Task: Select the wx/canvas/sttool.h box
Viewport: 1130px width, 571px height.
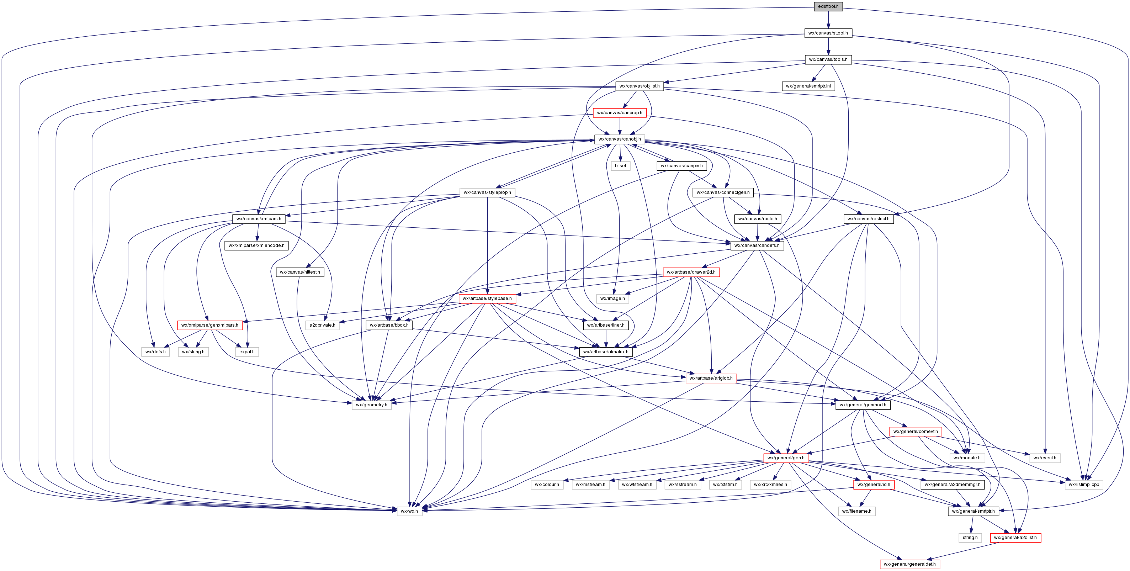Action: [x=828, y=33]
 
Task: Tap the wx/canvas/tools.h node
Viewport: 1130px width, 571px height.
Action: [x=828, y=60]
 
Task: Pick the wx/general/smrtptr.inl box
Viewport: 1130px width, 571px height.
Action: [x=808, y=86]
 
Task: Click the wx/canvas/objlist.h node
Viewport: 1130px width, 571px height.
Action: [x=639, y=86]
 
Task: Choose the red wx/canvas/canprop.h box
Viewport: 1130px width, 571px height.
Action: [x=619, y=113]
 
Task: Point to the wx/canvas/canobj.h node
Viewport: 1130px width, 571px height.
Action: [x=619, y=139]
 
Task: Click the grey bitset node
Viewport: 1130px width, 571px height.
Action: [x=620, y=166]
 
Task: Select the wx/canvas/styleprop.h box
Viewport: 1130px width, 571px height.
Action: [x=487, y=192]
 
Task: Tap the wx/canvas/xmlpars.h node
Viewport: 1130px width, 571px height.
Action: [x=259, y=218]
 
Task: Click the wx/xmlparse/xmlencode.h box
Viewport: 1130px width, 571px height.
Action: [x=256, y=245]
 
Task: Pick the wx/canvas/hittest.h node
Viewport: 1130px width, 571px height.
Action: [x=300, y=272]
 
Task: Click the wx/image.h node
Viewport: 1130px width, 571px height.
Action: [x=612, y=298]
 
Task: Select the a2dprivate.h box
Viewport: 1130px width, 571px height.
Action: [x=322, y=325]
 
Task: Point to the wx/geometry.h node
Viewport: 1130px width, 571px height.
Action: [x=372, y=405]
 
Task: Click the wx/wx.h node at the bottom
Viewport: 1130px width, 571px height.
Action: [x=409, y=511]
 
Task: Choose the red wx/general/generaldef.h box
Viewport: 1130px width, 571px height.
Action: [x=910, y=564]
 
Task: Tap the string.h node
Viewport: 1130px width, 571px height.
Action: [x=970, y=538]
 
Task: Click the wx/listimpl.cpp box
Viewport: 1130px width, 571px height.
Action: [x=1083, y=485]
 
